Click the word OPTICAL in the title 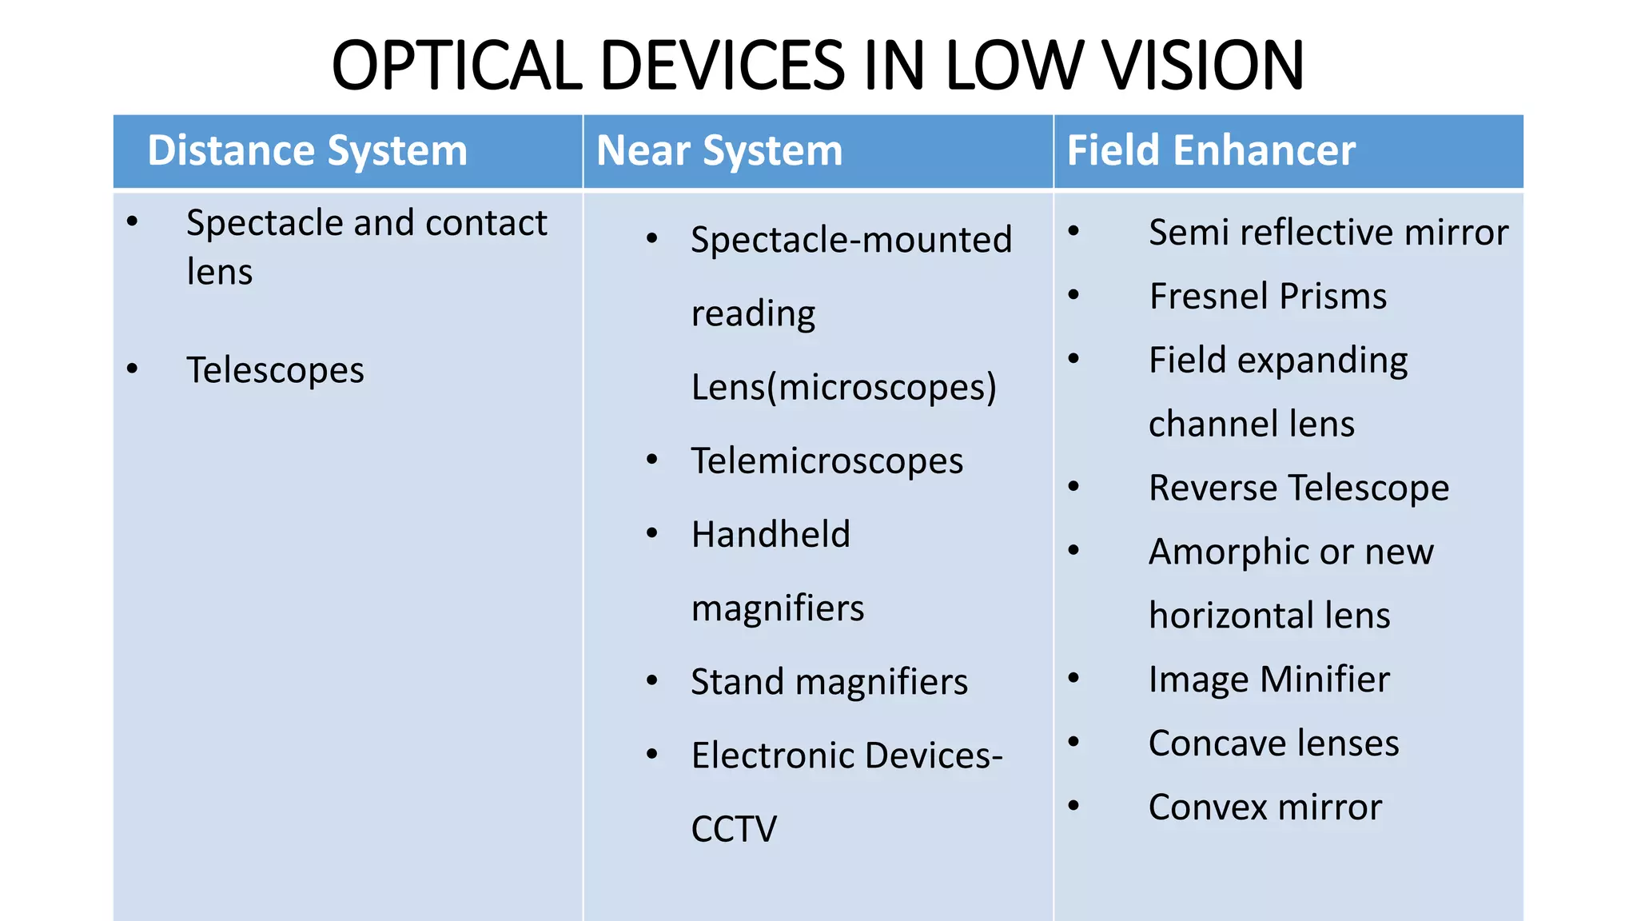456,66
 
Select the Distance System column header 307,150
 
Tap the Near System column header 719,150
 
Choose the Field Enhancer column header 1211,150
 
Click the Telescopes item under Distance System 275,370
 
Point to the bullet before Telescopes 133,369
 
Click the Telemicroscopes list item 827,461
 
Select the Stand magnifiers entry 829,682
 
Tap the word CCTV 734,829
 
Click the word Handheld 771,534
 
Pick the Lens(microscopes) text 843,388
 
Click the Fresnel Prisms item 1268,297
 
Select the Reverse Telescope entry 1299,488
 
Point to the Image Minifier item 1269,680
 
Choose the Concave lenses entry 1274,744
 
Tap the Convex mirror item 1265,807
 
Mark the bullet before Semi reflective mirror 1073,232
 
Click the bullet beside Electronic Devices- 652,755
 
